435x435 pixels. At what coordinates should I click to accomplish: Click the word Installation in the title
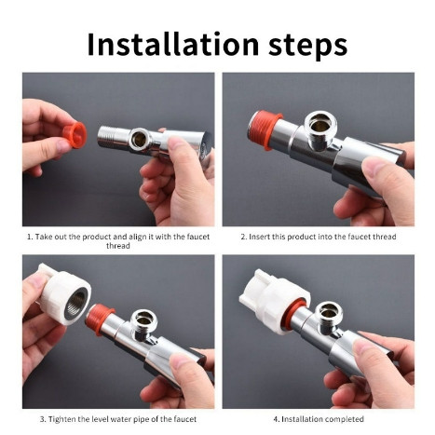point(173,45)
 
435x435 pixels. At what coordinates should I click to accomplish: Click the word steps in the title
point(307,47)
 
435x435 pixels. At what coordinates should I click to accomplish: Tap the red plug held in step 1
point(75,135)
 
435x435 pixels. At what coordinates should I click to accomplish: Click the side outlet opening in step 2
point(320,123)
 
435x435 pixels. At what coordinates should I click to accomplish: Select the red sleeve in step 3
point(99,318)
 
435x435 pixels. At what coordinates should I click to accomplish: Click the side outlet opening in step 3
point(143,319)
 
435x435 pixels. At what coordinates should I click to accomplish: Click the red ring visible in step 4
point(294,316)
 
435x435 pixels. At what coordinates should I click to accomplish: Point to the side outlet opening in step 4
point(329,311)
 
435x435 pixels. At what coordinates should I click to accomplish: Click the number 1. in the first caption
point(30,237)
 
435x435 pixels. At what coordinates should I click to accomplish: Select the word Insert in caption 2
point(260,237)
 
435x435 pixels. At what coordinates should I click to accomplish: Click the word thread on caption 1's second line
point(118,246)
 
